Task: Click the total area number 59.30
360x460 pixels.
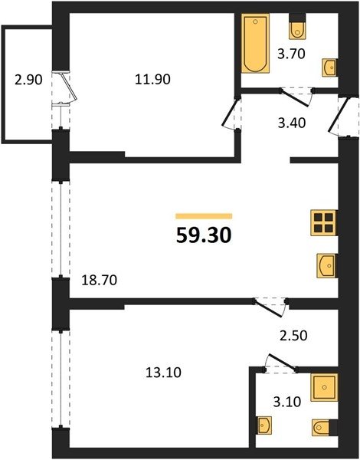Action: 204,235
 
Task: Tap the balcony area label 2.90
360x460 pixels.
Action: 29,80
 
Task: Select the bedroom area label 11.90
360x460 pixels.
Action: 152,80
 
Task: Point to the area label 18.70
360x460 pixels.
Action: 99,280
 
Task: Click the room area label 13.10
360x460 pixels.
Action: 163,373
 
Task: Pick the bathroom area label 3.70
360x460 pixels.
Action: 291,54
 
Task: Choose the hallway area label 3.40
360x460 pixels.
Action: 292,123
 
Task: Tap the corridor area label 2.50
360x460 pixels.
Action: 293,336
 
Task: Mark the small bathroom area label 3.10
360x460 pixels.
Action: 287,402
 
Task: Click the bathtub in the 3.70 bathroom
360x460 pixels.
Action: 255,44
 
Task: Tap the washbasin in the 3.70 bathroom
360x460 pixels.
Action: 329,67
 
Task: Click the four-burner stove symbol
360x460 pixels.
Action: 324,222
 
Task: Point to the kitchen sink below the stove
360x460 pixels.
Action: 327,266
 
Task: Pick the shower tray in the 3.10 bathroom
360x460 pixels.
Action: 324,387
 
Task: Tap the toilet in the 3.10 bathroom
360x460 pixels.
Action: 324,428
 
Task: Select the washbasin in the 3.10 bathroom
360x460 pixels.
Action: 264,425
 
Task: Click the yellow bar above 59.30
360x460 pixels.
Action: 204,216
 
